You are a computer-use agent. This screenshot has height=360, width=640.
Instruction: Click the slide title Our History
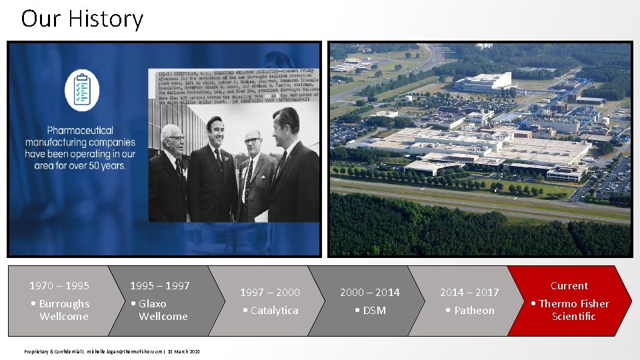click(82, 19)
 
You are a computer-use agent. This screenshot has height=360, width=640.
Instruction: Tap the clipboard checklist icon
click(82, 89)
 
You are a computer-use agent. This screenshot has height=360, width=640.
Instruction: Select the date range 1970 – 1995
click(59, 286)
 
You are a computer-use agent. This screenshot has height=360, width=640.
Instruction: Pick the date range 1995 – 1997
click(159, 286)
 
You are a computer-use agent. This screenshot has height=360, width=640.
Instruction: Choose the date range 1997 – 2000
click(270, 292)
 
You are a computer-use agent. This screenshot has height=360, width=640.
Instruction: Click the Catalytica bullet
click(271, 311)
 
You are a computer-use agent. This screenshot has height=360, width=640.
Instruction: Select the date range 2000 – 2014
click(370, 292)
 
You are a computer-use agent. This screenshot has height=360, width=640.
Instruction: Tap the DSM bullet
click(370, 311)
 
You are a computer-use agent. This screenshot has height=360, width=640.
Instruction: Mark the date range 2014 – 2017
click(469, 292)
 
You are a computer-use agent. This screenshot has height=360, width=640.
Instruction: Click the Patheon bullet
click(470, 311)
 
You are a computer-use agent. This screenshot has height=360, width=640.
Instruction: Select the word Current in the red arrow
click(569, 285)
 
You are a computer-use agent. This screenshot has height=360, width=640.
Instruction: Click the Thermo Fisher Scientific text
click(570, 310)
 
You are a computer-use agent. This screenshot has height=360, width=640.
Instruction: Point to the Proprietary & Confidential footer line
click(112, 351)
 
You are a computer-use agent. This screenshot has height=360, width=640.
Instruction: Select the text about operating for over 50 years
click(80, 147)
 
